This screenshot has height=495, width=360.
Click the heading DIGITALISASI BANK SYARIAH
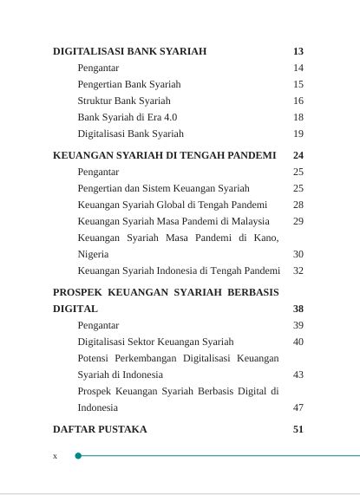pos(129,51)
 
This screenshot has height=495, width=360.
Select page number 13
pos(298,51)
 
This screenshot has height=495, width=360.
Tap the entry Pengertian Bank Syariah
pos(129,84)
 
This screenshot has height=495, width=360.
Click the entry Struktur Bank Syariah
pos(124,101)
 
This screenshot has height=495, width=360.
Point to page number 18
pos(298,117)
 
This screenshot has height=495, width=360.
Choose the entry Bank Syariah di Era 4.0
pos(128,117)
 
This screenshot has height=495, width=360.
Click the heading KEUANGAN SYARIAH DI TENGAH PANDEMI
pos(164,155)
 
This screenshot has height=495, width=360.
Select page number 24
pos(298,155)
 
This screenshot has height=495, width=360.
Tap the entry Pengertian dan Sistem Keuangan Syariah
pos(163,188)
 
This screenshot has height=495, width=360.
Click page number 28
pos(298,205)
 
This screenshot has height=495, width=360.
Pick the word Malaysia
pos(250,221)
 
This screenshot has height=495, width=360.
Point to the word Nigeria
pos(93,254)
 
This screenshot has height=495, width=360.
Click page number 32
pos(298,270)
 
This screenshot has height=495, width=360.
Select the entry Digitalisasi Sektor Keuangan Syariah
pos(155,342)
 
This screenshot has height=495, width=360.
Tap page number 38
pos(298,309)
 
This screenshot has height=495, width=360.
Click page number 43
pos(298,375)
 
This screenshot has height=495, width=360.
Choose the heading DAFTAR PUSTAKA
pos(100,429)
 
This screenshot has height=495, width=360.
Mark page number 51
pos(298,429)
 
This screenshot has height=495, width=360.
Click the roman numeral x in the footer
pos(55,456)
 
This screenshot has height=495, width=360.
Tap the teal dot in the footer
pos(78,455)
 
